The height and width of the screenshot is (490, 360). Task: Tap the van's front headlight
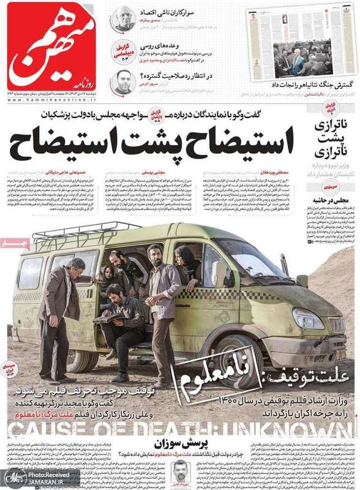(309, 318)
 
